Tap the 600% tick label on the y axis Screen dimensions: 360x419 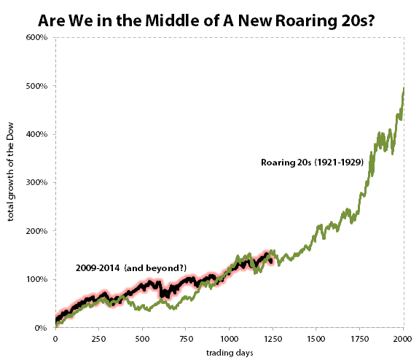38,37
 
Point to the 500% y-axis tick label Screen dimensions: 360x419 38,86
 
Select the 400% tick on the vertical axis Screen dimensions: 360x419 38,134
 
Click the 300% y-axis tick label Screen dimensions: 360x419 38,183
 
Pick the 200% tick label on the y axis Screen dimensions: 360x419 38,231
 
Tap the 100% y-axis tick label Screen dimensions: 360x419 38,280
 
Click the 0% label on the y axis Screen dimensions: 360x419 42,328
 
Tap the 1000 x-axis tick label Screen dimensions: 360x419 230,339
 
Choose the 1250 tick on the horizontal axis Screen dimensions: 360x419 273,339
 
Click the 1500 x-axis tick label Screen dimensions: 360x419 317,339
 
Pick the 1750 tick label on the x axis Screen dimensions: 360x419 360,339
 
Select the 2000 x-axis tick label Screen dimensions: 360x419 403,339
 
